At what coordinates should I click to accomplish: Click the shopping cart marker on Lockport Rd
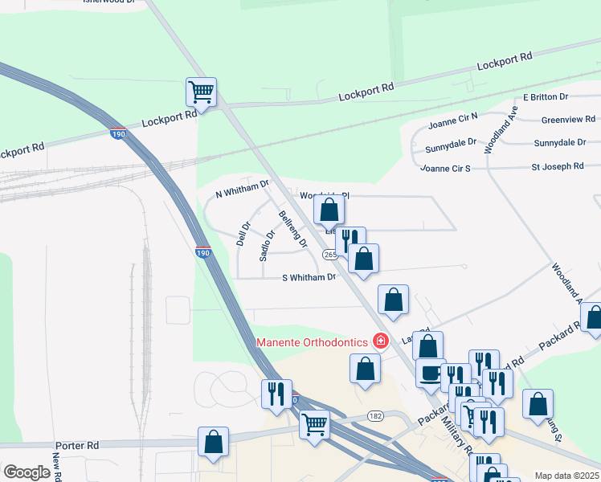201,92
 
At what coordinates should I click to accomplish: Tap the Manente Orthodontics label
312,342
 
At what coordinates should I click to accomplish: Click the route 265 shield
330,255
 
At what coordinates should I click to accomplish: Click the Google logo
27,472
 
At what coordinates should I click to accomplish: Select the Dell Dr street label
243,234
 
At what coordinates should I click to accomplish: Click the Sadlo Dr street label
266,246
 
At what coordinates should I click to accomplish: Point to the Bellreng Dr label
292,229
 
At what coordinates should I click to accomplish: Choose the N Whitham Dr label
242,190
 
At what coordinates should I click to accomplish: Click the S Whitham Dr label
309,278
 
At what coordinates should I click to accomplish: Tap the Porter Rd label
77,444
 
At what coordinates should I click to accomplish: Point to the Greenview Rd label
568,120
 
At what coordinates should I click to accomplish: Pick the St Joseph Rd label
557,166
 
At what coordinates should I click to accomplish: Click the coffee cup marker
430,373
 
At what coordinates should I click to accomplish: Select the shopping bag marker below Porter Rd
213,442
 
